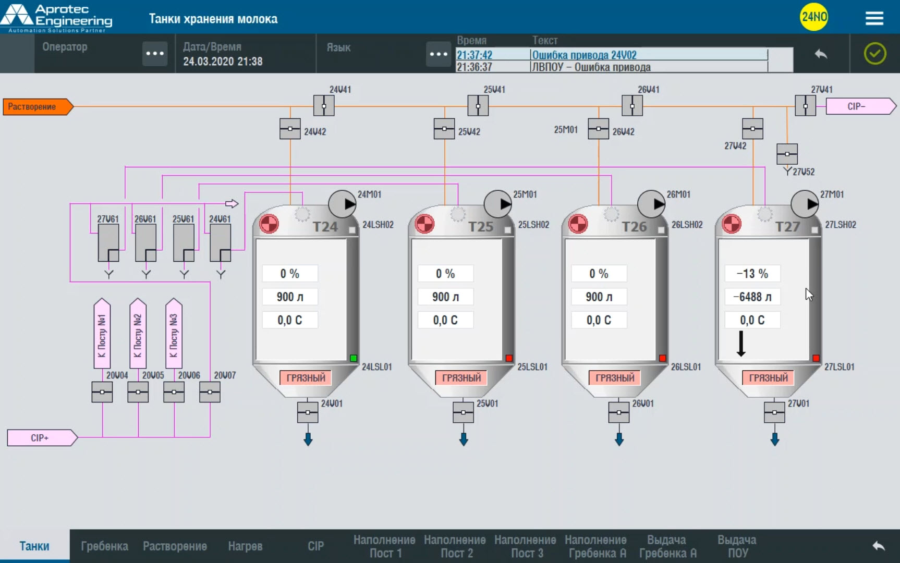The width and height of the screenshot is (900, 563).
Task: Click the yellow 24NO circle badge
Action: point(813,17)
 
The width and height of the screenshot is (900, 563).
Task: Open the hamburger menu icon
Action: point(874,18)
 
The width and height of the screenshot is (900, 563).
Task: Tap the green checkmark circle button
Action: point(875,54)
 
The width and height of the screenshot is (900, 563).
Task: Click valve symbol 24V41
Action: point(324,106)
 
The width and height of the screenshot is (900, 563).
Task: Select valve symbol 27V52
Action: point(787,154)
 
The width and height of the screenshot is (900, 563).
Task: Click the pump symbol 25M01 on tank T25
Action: point(498,204)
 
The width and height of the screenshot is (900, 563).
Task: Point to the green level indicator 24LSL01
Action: point(354,358)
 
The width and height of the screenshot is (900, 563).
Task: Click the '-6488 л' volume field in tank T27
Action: point(752,297)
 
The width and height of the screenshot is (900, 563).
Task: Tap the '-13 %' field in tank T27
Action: point(752,274)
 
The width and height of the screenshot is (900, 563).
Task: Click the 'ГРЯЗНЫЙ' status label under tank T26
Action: point(615,378)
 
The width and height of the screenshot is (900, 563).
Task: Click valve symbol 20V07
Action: point(210,392)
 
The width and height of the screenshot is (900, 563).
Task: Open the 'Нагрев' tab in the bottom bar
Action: point(245,546)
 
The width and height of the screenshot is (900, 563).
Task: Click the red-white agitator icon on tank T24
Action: point(269,224)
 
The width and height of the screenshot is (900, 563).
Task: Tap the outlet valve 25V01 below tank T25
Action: point(463,413)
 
